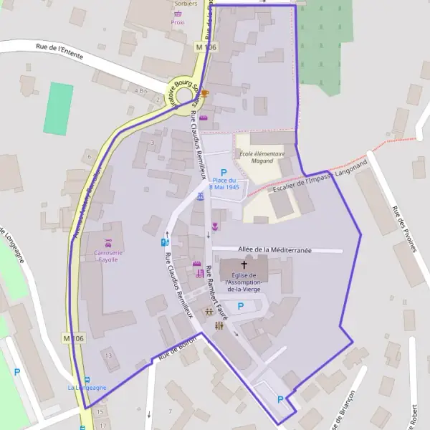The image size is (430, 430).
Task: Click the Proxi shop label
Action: point(178,22)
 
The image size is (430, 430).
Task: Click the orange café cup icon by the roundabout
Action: point(204,94)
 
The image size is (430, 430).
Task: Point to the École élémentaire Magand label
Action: point(262,158)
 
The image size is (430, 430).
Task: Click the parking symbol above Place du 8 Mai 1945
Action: point(224,173)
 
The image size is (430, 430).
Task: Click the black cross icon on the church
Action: point(244,265)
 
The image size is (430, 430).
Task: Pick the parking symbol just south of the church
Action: point(241,306)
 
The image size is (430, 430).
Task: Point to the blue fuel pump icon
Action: point(166,242)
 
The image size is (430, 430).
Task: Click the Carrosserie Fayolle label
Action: point(106,255)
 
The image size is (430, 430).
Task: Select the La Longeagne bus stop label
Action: point(87,387)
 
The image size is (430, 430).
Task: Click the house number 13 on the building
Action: point(108,355)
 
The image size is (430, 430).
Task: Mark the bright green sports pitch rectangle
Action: point(58,108)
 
